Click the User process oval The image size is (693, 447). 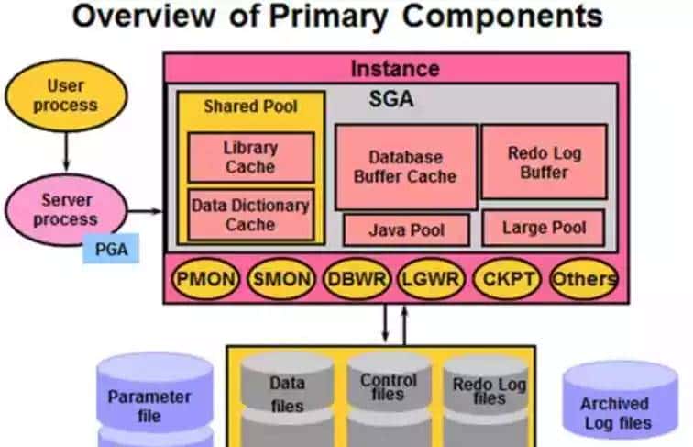click(65, 95)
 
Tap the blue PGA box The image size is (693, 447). click(110, 248)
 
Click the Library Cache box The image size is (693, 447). click(249, 157)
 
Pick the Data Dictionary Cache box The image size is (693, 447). click(249, 215)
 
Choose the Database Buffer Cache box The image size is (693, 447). click(405, 167)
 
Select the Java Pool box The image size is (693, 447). click(405, 229)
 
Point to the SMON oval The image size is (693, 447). click(281, 279)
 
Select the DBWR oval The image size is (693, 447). click(357, 279)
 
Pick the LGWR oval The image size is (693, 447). click(431, 279)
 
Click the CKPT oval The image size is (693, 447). click(507, 279)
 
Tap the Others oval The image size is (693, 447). click(583, 279)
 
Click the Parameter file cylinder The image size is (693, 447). click(148, 404)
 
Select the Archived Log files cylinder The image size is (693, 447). click(613, 408)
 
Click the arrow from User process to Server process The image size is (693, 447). click(66, 147)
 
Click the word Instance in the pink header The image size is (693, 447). click(395, 69)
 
